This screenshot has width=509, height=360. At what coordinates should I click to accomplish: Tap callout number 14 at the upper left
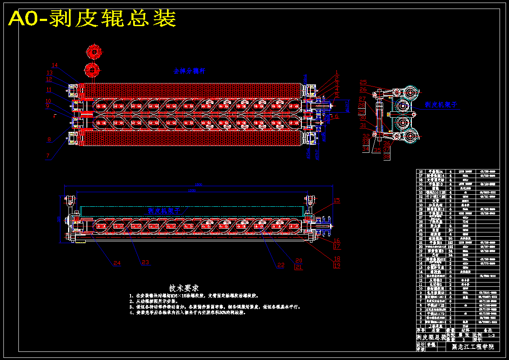[55, 65]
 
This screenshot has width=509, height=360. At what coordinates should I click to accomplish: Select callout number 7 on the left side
[48, 156]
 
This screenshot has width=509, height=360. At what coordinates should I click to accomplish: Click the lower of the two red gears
[92, 69]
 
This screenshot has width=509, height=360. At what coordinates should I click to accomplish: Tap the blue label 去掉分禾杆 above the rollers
[189, 71]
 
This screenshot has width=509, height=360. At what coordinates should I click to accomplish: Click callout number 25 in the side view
[363, 82]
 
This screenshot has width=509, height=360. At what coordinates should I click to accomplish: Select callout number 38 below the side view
[387, 157]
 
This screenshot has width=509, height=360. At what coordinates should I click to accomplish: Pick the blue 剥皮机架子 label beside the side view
[441, 104]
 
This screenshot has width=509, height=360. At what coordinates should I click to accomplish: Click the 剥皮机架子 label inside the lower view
[162, 211]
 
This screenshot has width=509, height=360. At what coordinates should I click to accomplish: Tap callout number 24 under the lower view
[117, 263]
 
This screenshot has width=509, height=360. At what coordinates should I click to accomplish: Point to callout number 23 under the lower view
[145, 262]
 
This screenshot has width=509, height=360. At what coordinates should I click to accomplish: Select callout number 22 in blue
[280, 265]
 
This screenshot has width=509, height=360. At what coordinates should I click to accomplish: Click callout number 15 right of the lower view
[337, 200]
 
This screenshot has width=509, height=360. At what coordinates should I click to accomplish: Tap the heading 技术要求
[184, 288]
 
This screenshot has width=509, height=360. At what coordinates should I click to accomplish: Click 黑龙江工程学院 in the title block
[473, 347]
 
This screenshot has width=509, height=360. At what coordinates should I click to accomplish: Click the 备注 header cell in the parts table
[488, 330]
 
